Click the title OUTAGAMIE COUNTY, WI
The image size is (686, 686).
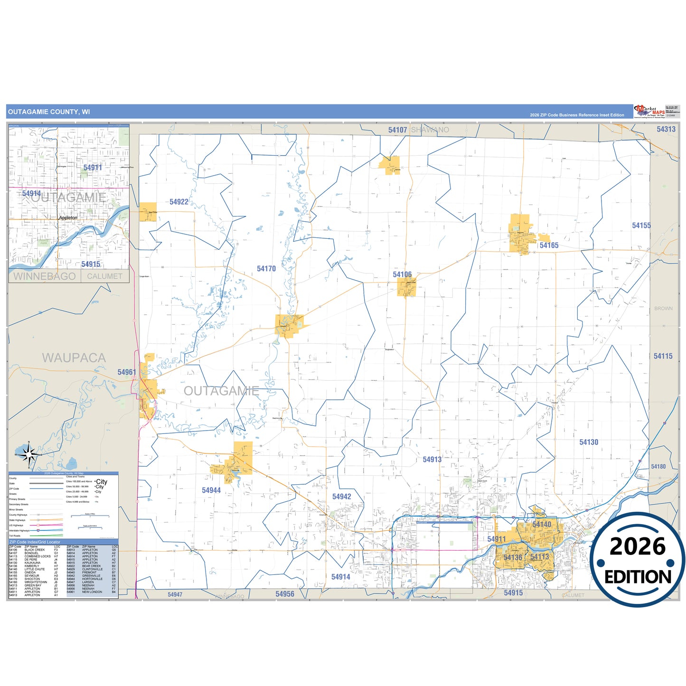[49, 112]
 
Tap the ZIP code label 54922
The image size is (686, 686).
[179, 202]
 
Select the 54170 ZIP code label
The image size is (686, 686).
[266, 269]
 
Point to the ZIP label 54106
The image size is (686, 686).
[402, 274]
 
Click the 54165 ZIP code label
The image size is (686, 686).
[549, 245]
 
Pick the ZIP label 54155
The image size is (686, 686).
[641, 226]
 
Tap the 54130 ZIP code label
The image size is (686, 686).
[589, 442]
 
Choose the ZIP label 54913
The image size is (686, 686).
[432, 459]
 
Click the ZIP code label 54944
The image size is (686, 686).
[211, 490]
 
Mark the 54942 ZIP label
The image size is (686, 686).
[342, 497]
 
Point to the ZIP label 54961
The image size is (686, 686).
[127, 372]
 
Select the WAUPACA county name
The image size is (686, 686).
[74, 358]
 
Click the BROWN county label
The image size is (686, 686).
[663, 309]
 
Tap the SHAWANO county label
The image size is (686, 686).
[430, 130]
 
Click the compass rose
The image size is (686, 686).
[29, 454]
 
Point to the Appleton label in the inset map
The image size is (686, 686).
[68, 218]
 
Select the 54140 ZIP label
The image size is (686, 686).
[542, 525]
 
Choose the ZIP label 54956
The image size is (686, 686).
[285, 594]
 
